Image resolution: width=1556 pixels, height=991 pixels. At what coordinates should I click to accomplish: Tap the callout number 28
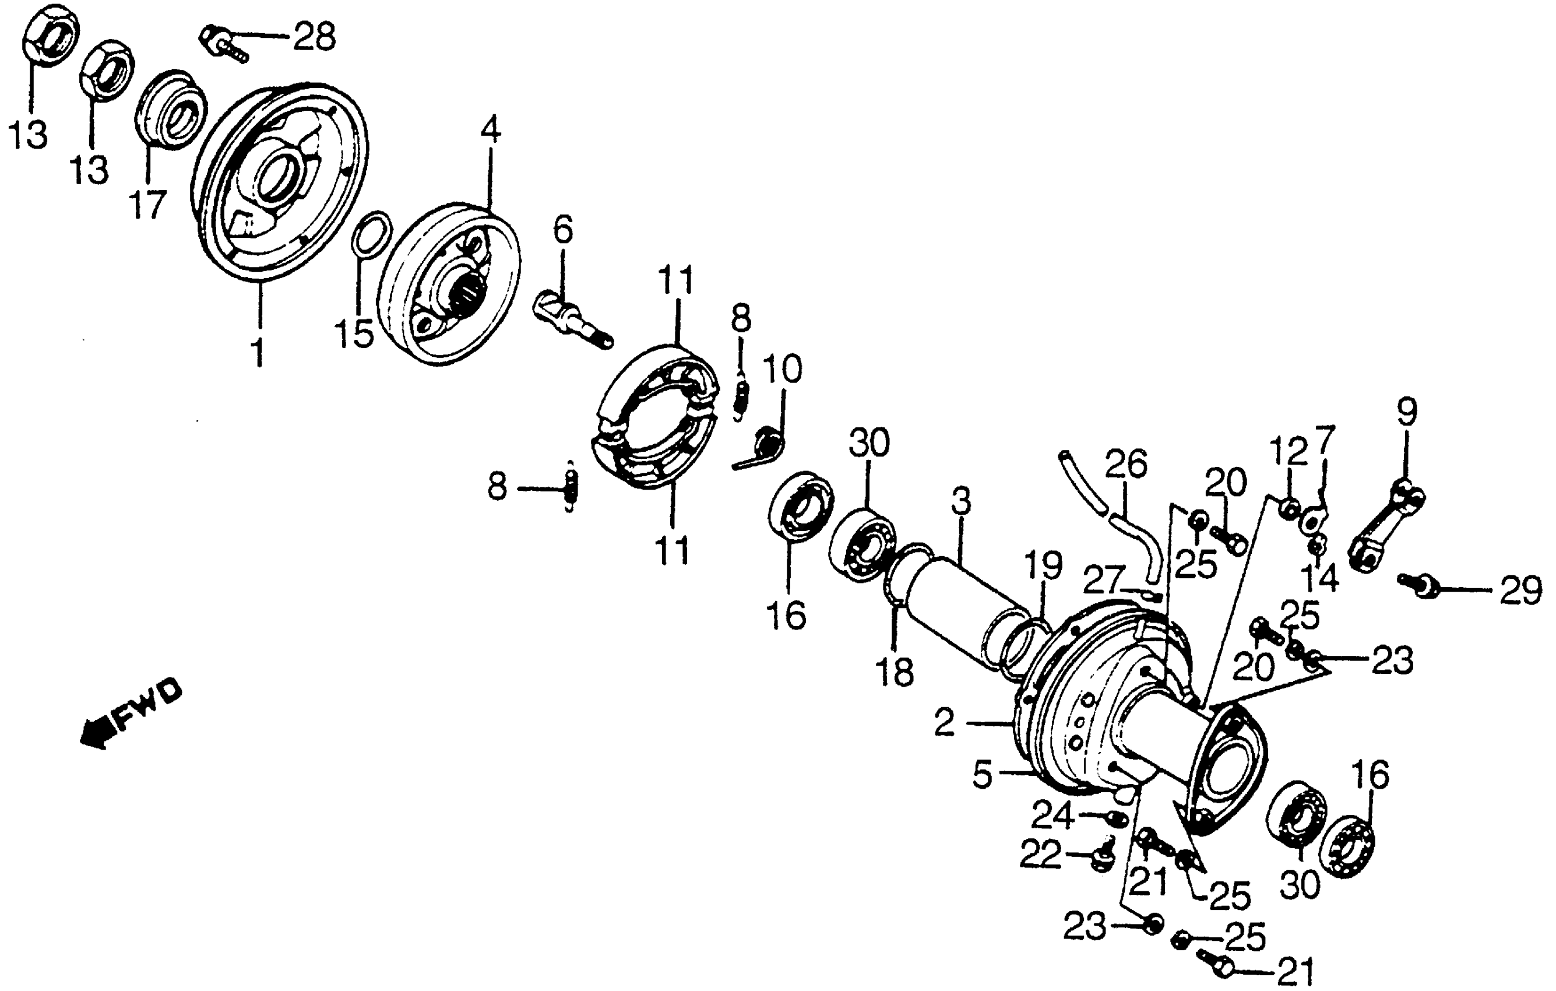[x=314, y=37]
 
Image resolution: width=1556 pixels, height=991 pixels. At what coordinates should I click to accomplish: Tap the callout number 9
[x=1407, y=412]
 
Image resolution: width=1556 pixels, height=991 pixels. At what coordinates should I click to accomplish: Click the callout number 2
[x=944, y=724]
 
